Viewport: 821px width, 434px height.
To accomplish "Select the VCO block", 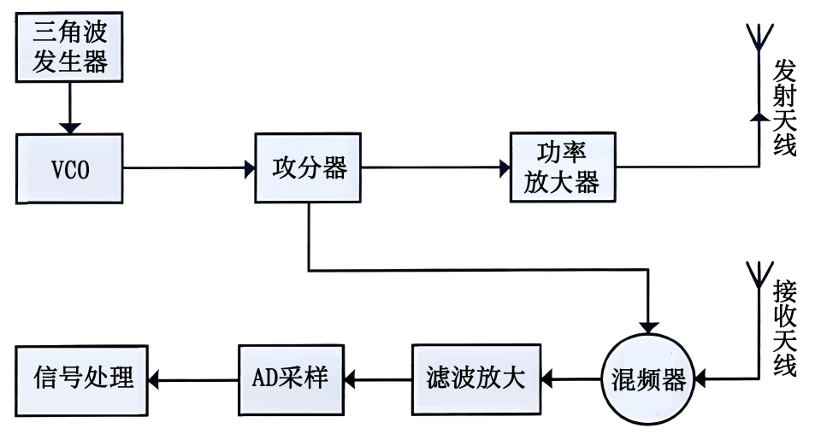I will pos(70,168).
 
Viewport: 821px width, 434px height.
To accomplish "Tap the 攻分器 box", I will pos(309,167).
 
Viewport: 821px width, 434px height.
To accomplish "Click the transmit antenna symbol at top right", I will pos(758,38).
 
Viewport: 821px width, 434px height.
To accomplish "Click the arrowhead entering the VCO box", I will pos(70,127).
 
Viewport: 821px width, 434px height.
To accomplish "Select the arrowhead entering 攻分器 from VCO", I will pos(249,168).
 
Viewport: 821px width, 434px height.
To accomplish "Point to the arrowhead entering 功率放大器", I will pos(505,168).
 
